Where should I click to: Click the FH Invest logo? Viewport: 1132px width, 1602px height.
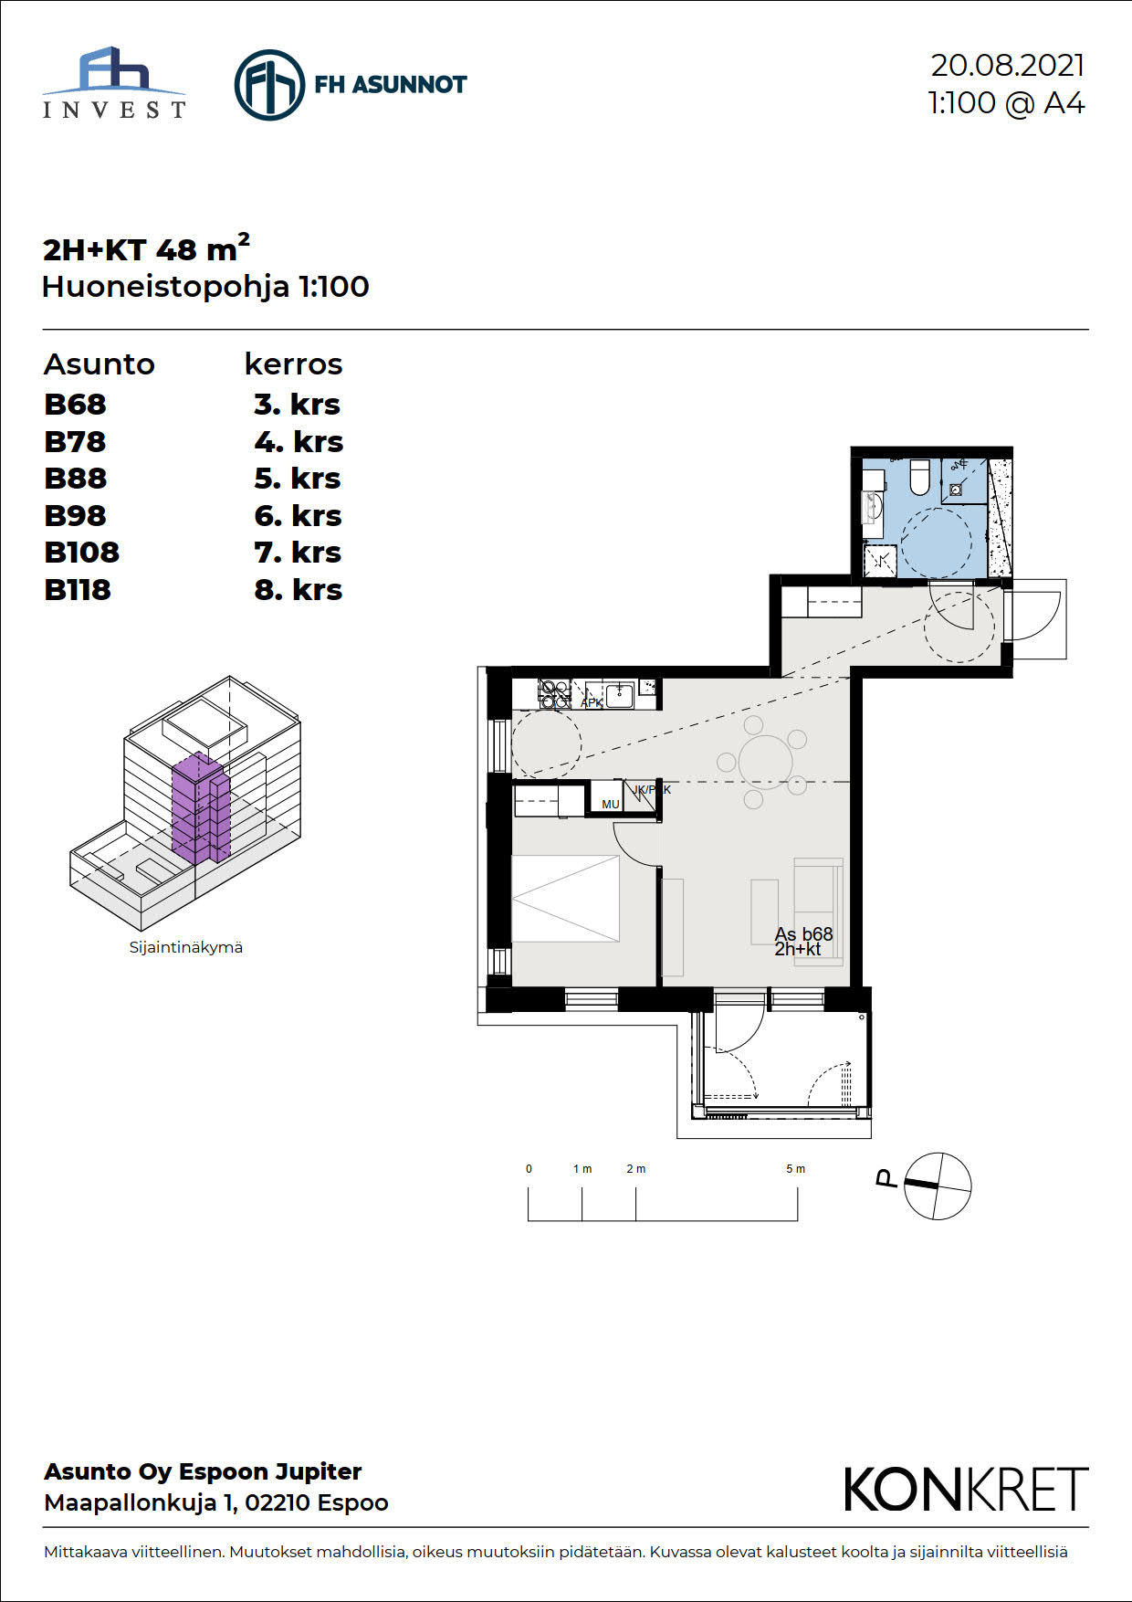[x=114, y=83]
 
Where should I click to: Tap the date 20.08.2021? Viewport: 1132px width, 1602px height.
[x=1007, y=66]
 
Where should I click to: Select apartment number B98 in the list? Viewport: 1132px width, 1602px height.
[x=75, y=516]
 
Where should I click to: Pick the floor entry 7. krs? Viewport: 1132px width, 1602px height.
[x=298, y=553]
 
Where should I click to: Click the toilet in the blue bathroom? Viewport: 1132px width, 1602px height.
[x=919, y=476]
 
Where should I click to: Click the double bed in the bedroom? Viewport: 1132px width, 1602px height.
[x=566, y=899]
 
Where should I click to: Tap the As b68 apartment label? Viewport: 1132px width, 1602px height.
[x=803, y=934]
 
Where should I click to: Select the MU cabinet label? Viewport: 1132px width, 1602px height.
[x=611, y=805]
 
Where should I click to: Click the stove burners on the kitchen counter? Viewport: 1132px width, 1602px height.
[x=555, y=694]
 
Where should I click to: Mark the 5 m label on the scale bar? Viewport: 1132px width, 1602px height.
[x=796, y=1169]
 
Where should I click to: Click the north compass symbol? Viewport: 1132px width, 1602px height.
[x=937, y=1186]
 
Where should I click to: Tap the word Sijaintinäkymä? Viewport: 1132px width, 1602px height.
[x=186, y=947]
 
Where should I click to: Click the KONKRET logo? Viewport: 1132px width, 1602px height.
[x=966, y=1490]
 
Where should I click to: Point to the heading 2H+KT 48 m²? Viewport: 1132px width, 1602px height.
[x=146, y=248]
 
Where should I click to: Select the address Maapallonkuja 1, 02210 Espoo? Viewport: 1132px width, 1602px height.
[x=216, y=1502]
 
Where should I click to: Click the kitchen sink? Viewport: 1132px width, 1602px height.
[x=619, y=695]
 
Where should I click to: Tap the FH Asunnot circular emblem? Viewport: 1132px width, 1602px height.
[x=269, y=85]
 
